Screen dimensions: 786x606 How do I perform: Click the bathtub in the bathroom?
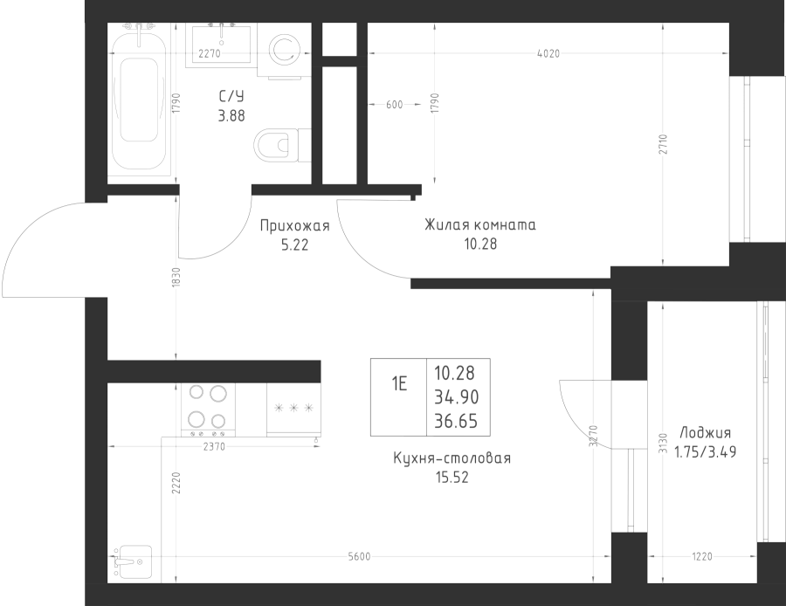(138, 100)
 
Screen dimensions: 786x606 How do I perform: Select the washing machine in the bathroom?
(284, 51)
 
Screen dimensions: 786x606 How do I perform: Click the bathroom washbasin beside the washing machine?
(221, 45)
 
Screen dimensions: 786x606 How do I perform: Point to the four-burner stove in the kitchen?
(208, 410)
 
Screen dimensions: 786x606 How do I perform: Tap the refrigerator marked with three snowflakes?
(293, 410)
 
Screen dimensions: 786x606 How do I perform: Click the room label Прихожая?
(295, 226)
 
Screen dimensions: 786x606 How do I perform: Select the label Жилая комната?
(480, 225)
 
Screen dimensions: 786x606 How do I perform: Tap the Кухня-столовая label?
(452, 458)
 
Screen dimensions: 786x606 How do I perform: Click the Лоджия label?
(706, 432)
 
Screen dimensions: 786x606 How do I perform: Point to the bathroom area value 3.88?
(231, 116)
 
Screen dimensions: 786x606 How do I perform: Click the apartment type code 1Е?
(399, 384)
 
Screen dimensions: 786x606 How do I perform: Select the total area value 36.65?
(456, 422)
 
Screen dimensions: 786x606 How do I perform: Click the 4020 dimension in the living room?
(548, 53)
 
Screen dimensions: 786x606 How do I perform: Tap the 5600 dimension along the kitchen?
(359, 556)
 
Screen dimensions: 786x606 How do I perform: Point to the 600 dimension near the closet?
(395, 105)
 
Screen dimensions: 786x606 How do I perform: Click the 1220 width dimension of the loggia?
(702, 556)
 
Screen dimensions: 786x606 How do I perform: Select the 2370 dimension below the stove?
(214, 446)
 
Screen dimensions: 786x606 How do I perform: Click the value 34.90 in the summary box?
(457, 397)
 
